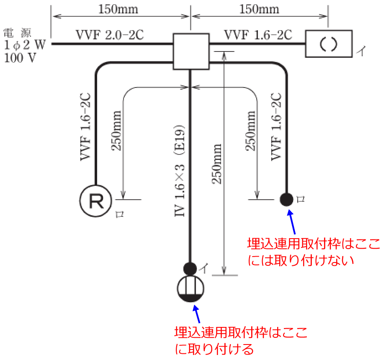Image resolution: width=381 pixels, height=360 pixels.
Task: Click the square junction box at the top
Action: [190, 51]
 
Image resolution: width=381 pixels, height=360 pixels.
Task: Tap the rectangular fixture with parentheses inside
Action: [329, 44]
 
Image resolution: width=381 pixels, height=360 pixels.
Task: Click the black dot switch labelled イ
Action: [190, 267]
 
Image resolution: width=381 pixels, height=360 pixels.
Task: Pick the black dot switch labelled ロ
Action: [287, 199]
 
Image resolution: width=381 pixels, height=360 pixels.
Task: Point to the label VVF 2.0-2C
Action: [110, 35]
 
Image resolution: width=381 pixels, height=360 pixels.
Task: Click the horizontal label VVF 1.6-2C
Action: [258, 35]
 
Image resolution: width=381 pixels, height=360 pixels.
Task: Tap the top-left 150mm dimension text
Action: [118, 8]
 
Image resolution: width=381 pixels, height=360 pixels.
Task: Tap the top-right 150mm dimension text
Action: [259, 8]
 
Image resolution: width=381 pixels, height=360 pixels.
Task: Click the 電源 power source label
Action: [17, 32]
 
